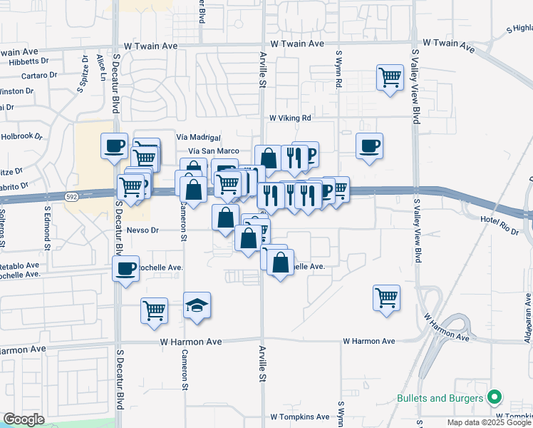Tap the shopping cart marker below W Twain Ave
pyautogui.click(x=390, y=76)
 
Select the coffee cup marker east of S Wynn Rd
pyautogui.click(x=369, y=146)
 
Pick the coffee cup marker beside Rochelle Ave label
pyautogui.click(x=126, y=269)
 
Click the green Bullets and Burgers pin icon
pyautogui.click(x=493, y=397)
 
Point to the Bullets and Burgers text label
pyautogui.click(x=437, y=397)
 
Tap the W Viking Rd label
pyautogui.click(x=290, y=118)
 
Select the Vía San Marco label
pyautogui.click(x=213, y=151)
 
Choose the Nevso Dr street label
pyautogui.click(x=142, y=230)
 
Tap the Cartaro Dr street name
pyautogui.click(x=39, y=76)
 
